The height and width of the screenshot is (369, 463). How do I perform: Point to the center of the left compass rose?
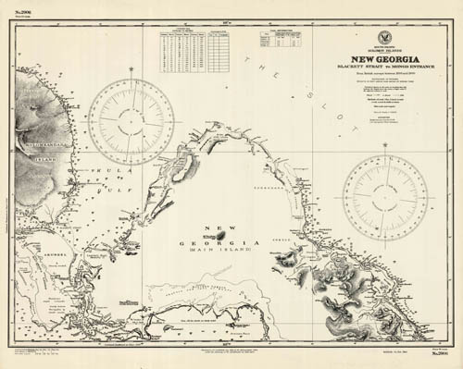pos(134,119)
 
